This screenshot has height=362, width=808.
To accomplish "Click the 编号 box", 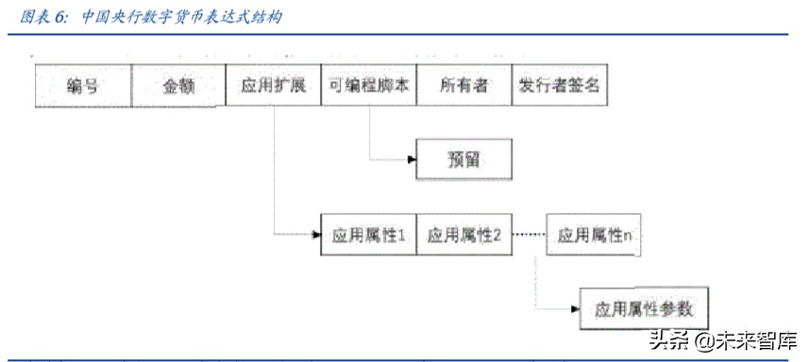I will (82, 87).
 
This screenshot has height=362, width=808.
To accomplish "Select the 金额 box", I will (178, 87).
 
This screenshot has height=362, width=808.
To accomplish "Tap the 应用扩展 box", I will (273, 87).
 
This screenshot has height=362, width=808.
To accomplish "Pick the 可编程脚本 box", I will (368, 87).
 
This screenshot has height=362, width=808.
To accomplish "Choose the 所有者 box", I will (463, 87).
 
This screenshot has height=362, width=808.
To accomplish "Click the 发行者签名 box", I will (560, 87).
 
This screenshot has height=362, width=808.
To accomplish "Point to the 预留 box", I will (463, 159).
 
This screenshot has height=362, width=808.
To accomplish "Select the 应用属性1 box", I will (368, 236).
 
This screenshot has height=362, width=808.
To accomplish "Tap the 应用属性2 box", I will (463, 236).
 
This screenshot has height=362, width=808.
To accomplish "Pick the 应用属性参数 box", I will (643, 308).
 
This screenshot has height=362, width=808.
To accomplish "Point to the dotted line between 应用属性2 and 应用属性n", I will (529, 236).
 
